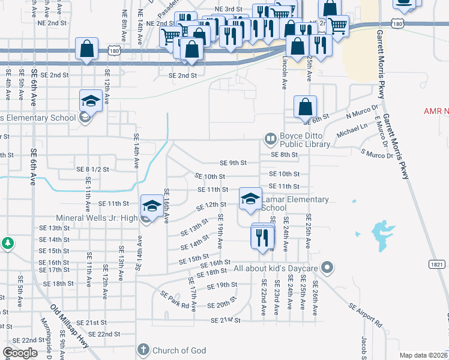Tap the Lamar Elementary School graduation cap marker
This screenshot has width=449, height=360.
click(250, 199)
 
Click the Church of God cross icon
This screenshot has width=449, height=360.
click(142, 350)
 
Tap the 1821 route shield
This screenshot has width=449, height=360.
click(437, 264)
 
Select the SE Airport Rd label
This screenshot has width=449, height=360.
click(366, 314)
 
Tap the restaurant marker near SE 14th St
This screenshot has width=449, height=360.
click(261, 236)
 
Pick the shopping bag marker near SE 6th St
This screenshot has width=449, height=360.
click(305, 106)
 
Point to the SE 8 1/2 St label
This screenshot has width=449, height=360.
click(92, 170)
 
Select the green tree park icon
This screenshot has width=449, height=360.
click(7, 244)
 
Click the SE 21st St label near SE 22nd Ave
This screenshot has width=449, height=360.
click(225, 320)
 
